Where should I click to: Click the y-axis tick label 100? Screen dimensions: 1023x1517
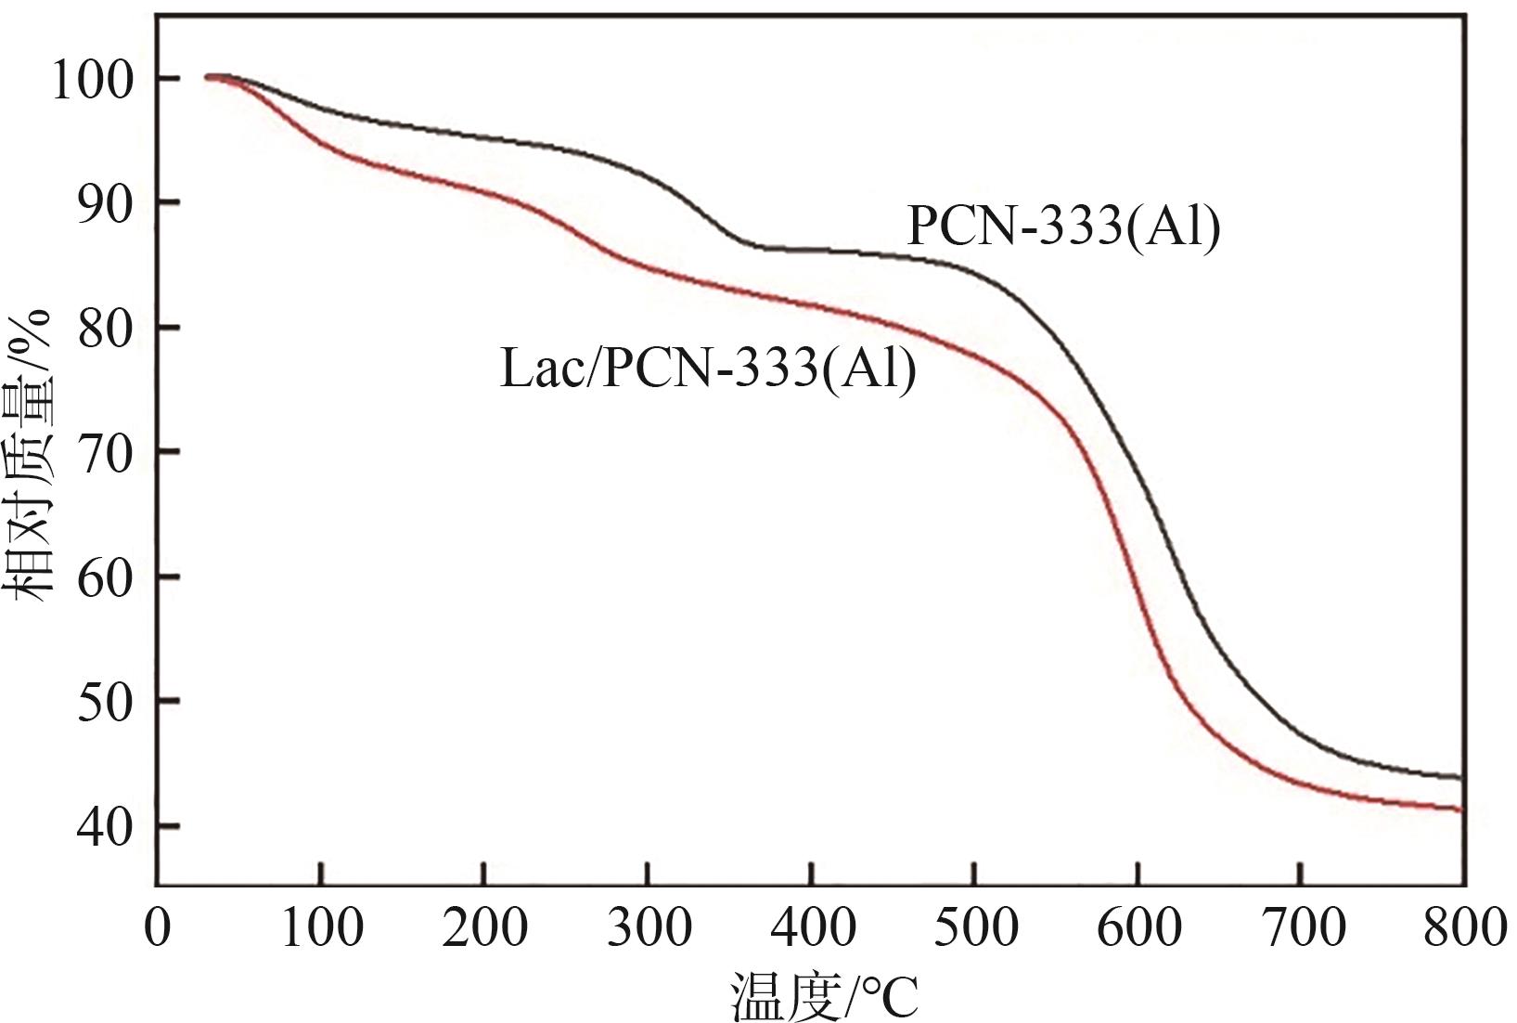tap(93, 80)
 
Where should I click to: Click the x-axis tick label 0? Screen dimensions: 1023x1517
tap(158, 927)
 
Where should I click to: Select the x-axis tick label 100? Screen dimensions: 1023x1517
tap(321, 927)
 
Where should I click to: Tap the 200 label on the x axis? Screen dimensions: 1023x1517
tap(484, 927)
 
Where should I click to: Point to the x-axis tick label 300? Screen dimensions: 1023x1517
tap(649, 927)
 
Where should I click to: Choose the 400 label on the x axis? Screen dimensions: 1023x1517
tap(812, 927)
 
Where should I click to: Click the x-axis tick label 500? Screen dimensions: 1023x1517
tap(975, 927)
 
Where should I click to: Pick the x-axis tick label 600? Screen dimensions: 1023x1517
tap(1138, 927)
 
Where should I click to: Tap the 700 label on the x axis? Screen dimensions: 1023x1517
tap(1302, 927)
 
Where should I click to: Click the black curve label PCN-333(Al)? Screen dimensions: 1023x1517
tap(1063, 227)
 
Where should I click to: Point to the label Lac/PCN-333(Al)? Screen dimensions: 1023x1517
tap(708, 369)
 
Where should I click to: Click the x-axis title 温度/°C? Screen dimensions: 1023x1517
tap(824, 997)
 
